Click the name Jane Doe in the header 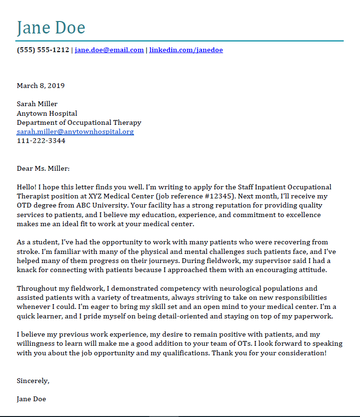[51, 27]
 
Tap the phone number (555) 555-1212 [43, 50]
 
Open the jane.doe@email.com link [109, 50]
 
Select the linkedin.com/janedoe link [186, 50]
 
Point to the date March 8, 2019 [41, 86]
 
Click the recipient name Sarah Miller [37, 104]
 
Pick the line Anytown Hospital [47, 113]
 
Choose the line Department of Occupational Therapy [79, 122]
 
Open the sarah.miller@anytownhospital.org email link [75, 132]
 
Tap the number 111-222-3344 [41, 141]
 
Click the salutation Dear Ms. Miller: [43, 168]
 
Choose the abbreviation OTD [25, 206]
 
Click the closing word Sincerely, [33, 381]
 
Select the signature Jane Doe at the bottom [32, 399]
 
